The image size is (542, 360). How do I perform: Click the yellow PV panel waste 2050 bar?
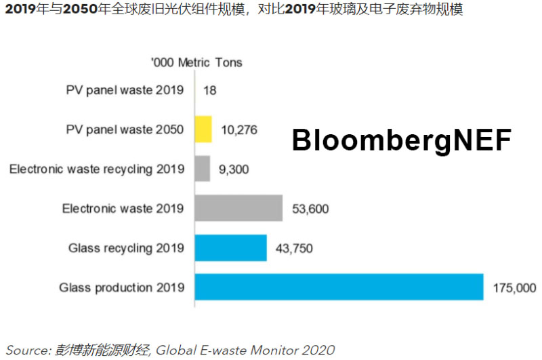point(203,129)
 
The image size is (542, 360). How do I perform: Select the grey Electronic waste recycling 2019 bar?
point(203,168)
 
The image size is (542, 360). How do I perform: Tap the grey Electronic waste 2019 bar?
point(238,208)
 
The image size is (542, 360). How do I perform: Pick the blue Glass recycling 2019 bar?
point(230,247)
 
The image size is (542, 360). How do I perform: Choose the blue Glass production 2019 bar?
point(339,287)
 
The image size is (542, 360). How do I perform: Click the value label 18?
point(209,90)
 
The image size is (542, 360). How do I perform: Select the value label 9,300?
point(234,169)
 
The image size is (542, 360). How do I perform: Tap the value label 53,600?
point(310,208)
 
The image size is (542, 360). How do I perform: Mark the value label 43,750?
point(294,248)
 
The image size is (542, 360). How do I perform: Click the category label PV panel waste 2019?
point(125,90)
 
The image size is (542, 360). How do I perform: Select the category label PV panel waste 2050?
point(125,129)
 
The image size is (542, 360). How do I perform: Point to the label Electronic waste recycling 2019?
point(96,169)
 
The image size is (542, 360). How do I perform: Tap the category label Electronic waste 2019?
point(123,208)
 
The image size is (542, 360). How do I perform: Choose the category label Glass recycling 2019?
point(126,248)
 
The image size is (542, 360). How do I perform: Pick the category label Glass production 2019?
point(121,287)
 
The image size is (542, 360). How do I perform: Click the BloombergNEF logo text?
point(402,140)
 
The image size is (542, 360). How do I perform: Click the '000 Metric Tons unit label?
point(196,62)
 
